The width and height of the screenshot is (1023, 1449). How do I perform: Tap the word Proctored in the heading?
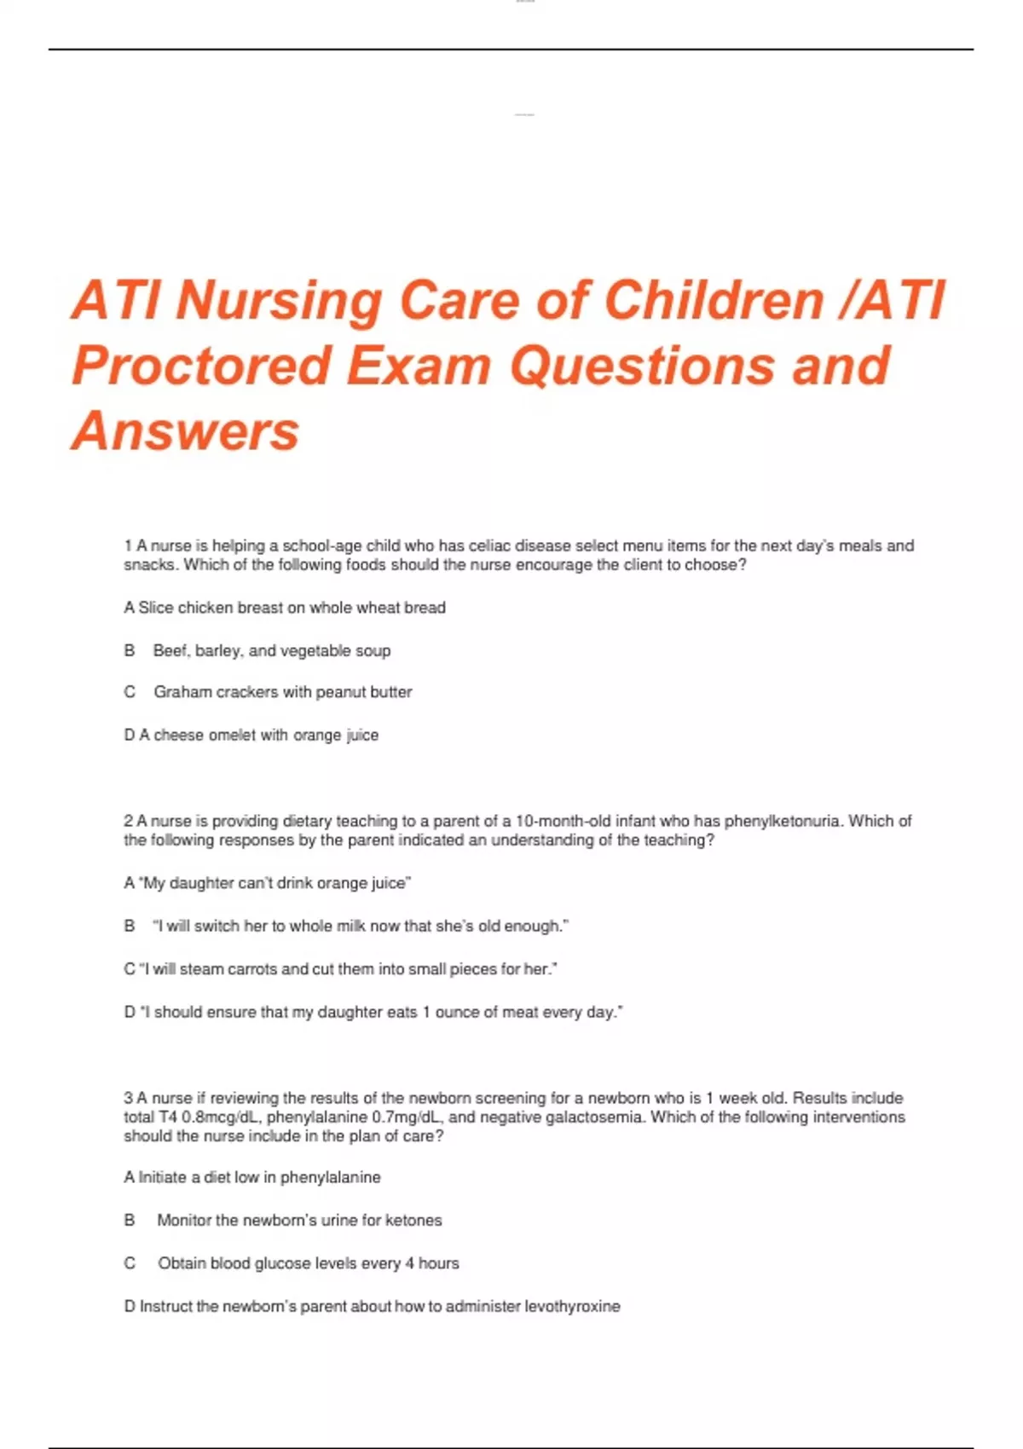click(201, 367)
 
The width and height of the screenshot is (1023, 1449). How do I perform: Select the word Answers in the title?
click(186, 431)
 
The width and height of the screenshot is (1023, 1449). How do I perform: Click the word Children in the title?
click(714, 300)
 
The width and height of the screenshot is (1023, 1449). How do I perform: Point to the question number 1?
click(128, 546)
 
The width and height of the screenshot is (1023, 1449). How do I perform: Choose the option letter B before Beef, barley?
click(130, 650)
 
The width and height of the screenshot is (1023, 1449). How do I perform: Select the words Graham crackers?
click(216, 692)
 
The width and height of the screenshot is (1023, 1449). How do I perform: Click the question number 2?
click(128, 821)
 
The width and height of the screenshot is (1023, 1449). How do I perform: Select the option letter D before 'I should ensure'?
click(130, 1013)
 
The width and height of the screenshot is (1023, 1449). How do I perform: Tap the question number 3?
click(128, 1098)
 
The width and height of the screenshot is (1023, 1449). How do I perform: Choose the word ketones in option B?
click(413, 1221)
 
